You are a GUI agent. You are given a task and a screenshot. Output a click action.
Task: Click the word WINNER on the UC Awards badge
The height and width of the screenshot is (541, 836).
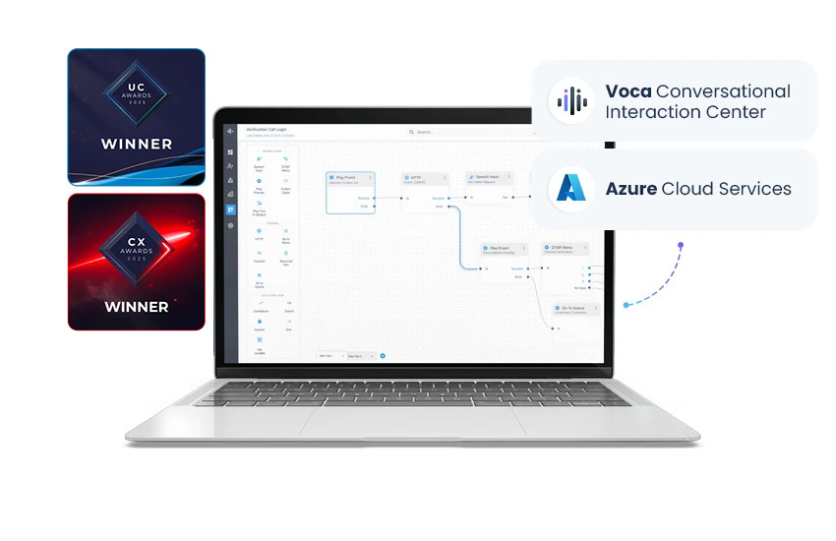pos(137,145)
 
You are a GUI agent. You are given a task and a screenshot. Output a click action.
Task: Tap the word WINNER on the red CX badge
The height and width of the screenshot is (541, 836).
pos(137,306)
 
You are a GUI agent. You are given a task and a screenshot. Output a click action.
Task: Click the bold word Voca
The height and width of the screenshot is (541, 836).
pos(627,91)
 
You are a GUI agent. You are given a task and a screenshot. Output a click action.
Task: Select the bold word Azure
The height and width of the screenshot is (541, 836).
pos(630,188)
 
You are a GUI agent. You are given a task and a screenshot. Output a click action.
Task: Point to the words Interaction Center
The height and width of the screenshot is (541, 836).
pos(686,112)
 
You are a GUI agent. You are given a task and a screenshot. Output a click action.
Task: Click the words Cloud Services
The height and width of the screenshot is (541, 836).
pos(726,188)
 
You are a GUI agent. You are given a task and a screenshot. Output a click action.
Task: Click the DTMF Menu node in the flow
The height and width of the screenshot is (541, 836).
pos(561,249)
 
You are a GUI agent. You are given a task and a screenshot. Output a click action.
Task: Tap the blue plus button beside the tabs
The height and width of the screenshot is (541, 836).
pos(383,355)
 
